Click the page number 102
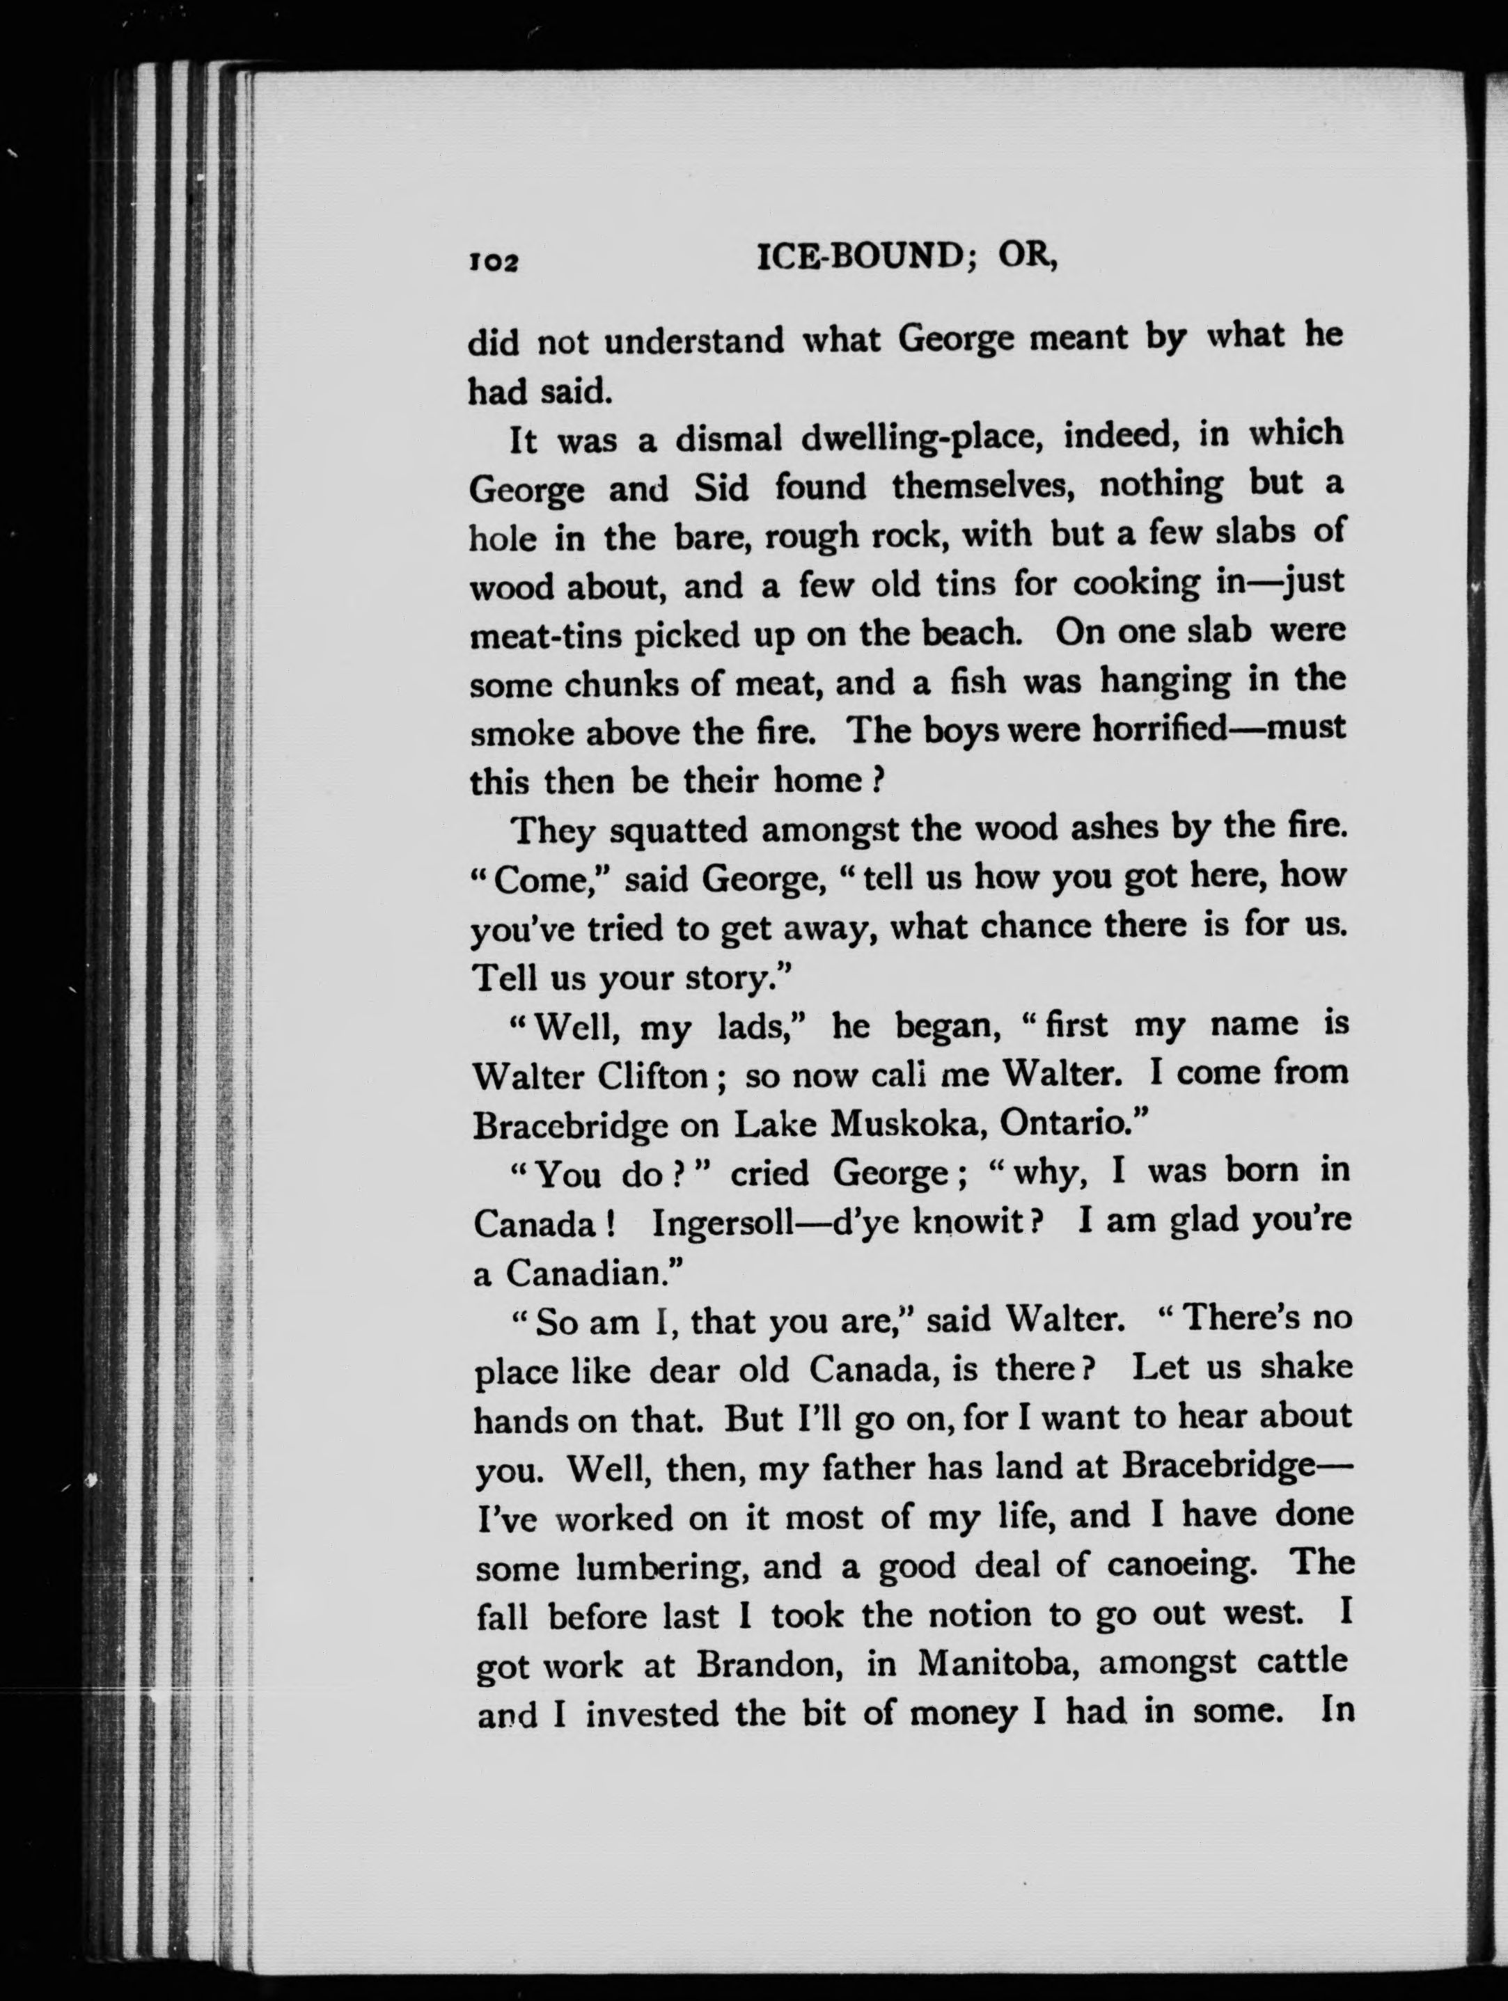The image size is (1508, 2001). [492, 262]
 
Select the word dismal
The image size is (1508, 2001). [728, 440]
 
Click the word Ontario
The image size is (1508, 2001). [1071, 1123]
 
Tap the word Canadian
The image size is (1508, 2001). [592, 1274]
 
